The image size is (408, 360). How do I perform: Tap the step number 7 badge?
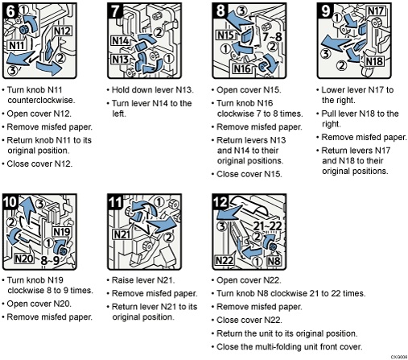pos(116,11)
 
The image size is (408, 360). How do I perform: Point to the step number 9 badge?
pos(324,11)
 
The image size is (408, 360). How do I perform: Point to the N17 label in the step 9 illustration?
pos(375,12)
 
